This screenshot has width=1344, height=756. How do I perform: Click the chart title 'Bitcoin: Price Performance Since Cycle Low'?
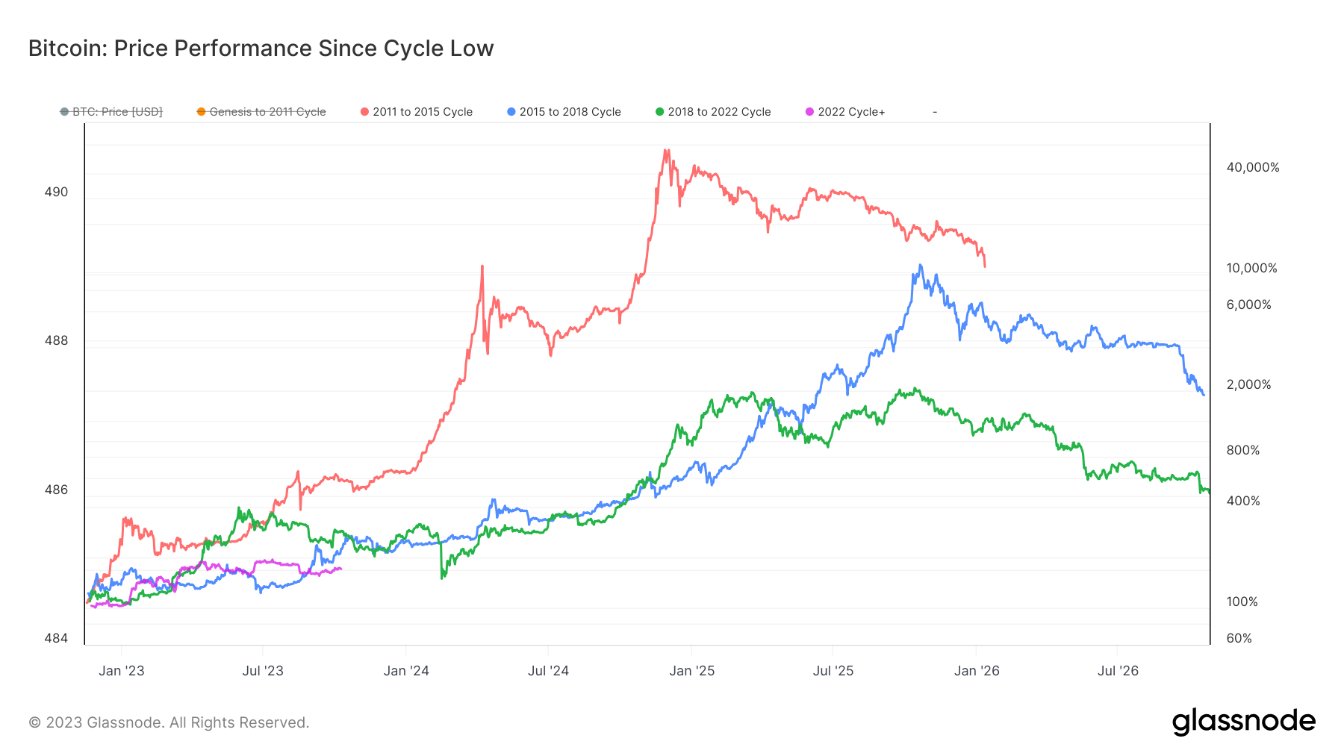[261, 49]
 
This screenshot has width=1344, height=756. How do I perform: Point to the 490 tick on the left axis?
[56, 192]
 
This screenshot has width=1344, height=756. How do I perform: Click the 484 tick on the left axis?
[56, 638]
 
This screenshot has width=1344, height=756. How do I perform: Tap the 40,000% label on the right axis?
[1252, 167]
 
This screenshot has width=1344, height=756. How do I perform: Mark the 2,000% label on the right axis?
[1248, 384]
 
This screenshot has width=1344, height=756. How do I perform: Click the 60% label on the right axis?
[1239, 638]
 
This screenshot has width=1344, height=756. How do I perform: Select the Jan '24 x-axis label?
[406, 671]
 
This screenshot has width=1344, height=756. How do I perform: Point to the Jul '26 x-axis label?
[1118, 671]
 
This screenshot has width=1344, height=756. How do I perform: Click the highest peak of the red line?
[665, 150]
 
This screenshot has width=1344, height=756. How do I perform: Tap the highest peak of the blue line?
[920, 265]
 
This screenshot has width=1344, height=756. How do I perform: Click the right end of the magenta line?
[341, 569]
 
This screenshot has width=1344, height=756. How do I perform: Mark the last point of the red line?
[985, 266]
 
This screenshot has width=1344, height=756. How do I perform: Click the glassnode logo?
[1243, 722]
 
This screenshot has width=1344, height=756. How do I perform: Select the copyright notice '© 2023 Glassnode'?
[169, 722]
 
